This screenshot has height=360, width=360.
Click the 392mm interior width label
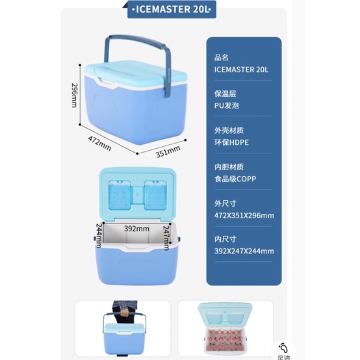click(136, 229)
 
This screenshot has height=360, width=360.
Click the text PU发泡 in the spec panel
click(223, 103)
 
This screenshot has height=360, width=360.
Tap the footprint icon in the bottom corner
click(284, 348)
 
